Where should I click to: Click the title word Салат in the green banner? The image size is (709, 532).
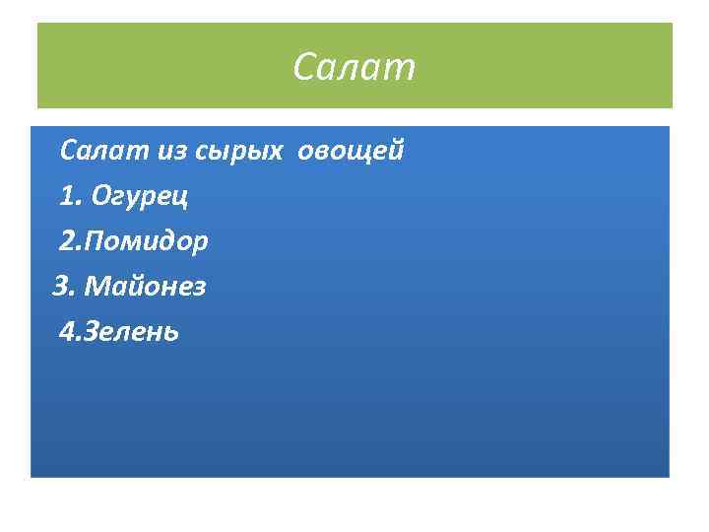(354, 68)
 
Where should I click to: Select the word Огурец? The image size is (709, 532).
(139, 197)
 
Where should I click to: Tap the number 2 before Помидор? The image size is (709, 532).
(67, 241)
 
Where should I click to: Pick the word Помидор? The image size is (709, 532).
(148, 241)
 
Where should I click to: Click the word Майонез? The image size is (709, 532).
(145, 287)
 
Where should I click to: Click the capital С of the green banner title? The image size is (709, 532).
(304, 68)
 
